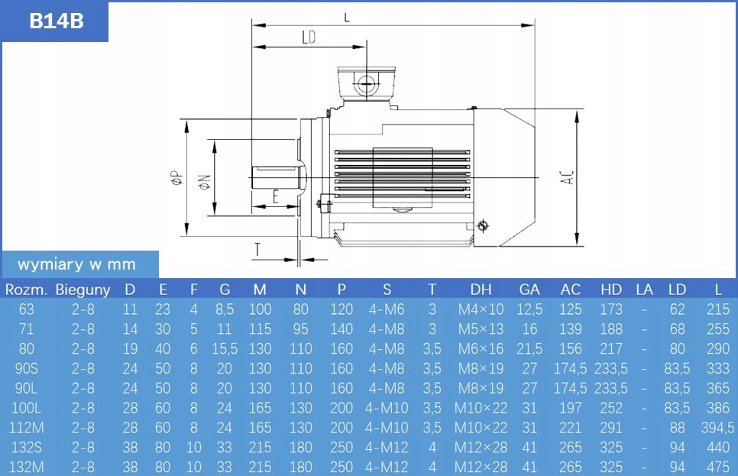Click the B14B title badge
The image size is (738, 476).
56,21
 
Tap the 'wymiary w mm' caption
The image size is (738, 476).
76,264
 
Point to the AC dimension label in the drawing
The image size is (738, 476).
566,178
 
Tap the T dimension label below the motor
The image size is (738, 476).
258,250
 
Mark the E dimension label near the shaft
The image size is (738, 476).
275,196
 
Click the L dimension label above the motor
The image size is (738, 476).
347,18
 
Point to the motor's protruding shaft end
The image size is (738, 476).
275,177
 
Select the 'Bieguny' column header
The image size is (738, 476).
83,290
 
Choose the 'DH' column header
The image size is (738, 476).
481,290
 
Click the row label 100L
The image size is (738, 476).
27,408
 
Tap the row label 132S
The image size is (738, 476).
27,448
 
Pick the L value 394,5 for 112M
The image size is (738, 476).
717,428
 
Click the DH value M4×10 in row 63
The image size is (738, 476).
481,309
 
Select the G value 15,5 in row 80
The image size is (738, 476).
224,349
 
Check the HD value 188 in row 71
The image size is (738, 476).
610,329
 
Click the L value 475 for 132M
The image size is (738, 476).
717,467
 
